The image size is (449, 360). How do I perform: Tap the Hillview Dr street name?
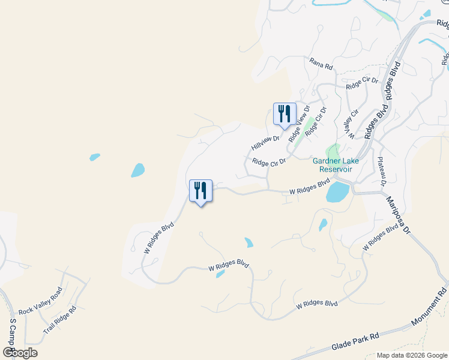pyautogui.click(x=266, y=142)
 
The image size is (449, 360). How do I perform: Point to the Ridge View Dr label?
pyautogui.click(x=299, y=124)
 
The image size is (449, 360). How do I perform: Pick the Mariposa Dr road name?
pyautogui.click(x=397, y=215)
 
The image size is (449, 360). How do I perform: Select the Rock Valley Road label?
pyautogui.click(x=40, y=302)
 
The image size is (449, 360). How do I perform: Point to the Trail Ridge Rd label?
pyautogui.click(x=59, y=320)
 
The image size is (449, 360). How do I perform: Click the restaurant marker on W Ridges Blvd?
pyautogui.click(x=200, y=191)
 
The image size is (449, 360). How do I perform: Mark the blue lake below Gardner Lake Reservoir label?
pyautogui.click(x=337, y=192)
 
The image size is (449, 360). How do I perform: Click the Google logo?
pyautogui.click(x=20, y=352)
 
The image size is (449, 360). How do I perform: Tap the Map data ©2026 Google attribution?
pyautogui.click(x=412, y=355)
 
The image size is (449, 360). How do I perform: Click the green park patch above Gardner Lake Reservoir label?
pyautogui.click(x=332, y=151)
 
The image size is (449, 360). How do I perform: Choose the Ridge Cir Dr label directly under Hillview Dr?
pyautogui.click(x=268, y=162)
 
